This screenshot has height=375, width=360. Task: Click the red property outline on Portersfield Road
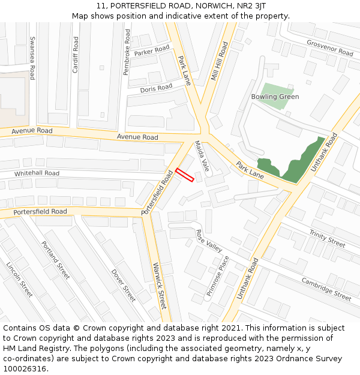(185, 175)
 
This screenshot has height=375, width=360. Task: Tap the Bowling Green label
(275, 97)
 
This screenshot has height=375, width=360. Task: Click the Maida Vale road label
(202, 156)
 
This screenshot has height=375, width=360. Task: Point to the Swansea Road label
(32, 58)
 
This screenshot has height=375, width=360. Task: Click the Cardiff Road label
(76, 55)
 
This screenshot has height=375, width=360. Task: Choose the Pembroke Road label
(127, 53)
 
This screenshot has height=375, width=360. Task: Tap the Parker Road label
(152, 52)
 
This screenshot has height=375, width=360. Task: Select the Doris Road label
(156, 89)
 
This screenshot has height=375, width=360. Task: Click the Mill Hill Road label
(220, 61)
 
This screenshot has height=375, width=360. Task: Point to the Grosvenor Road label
(329, 48)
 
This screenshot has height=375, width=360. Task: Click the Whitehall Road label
(37, 173)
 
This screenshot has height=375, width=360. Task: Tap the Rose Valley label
(209, 241)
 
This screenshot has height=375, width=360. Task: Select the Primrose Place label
(218, 277)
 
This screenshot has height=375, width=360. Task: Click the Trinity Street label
(327, 238)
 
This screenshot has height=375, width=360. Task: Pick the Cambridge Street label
(326, 289)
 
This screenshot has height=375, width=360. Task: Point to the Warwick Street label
(159, 286)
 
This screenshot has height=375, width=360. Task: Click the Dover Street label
(123, 285)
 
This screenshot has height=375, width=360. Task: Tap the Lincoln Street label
(19, 280)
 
